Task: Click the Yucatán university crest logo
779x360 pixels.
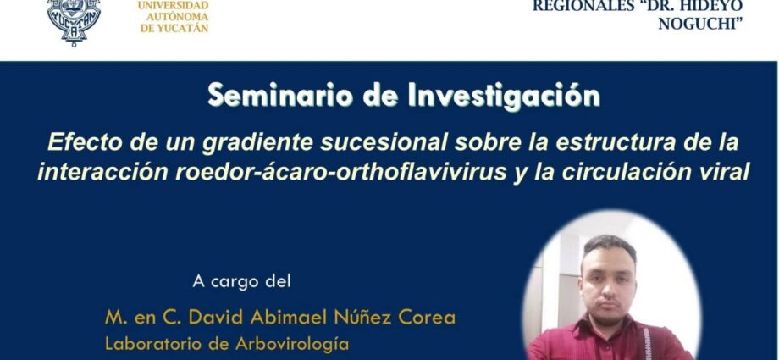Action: point(74,21)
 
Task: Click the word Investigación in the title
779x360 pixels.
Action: point(504,96)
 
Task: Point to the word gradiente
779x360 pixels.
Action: point(258,143)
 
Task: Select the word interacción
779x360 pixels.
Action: point(102,173)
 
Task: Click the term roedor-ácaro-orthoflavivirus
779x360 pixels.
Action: point(340,173)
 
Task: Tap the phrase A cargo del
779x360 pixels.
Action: point(241,281)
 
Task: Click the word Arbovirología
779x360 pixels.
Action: point(292,344)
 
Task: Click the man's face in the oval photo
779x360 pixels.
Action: point(609,284)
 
